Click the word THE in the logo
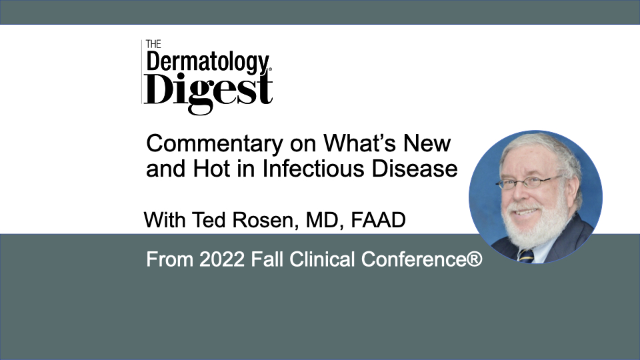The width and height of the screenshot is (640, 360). [x=153, y=44]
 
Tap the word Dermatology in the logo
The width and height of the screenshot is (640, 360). [x=208, y=63]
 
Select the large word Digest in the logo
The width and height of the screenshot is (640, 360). [x=208, y=91]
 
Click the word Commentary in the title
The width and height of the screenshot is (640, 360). [x=215, y=144]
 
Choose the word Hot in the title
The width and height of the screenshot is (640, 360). [x=211, y=168]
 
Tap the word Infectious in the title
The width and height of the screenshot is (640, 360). [x=313, y=168]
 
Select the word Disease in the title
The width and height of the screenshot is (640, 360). [x=414, y=168]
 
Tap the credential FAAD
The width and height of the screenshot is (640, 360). [x=378, y=220]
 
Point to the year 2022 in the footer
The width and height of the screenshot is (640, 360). [x=222, y=259]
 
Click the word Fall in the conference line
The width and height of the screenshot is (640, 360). [x=267, y=259]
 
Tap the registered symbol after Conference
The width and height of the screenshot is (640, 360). [x=474, y=259]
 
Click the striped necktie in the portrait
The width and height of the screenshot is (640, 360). [x=526, y=256]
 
